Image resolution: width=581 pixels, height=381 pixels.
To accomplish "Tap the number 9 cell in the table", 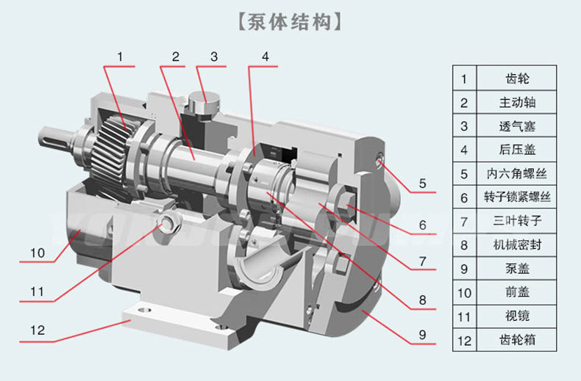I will click(x=464, y=269).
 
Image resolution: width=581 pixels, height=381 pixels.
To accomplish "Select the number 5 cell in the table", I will click(x=464, y=174).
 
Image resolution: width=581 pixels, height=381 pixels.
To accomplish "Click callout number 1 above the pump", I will click(x=120, y=56).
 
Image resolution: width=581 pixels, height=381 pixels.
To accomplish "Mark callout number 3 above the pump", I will click(x=213, y=56).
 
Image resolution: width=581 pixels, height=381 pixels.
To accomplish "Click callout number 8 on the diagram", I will click(x=421, y=300).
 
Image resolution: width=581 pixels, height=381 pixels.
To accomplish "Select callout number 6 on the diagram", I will click(x=422, y=225).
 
